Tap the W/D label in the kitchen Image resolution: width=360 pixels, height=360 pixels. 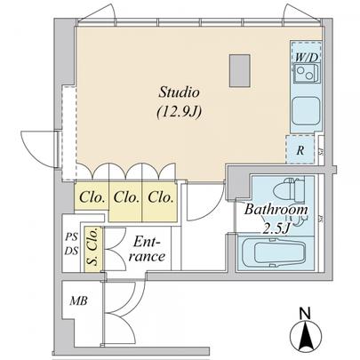tap(306, 57)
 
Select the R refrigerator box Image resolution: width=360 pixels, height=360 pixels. tap(300, 150)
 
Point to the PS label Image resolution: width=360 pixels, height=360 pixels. tap(71, 236)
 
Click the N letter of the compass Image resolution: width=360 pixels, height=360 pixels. tap(305, 313)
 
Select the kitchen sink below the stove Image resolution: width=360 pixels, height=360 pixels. tap(305, 110)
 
